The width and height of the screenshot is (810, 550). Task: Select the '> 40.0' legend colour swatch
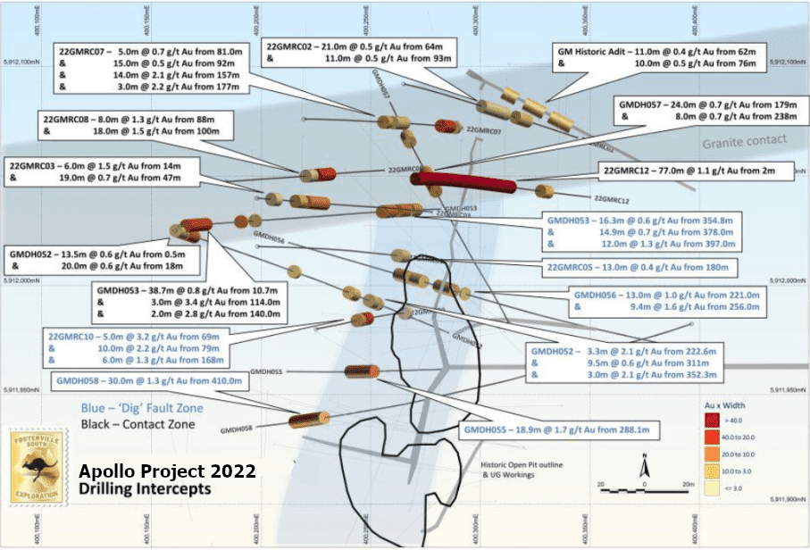click(712, 419)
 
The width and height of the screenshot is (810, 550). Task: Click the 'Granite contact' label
click(745, 139)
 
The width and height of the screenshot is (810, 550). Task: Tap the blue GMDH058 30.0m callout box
click(148, 380)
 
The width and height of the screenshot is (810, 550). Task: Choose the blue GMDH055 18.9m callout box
click(555, 431)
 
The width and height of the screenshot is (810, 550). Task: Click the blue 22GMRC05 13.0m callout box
click(641, 268)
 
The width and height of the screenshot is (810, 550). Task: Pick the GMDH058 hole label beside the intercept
click(238, 429)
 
